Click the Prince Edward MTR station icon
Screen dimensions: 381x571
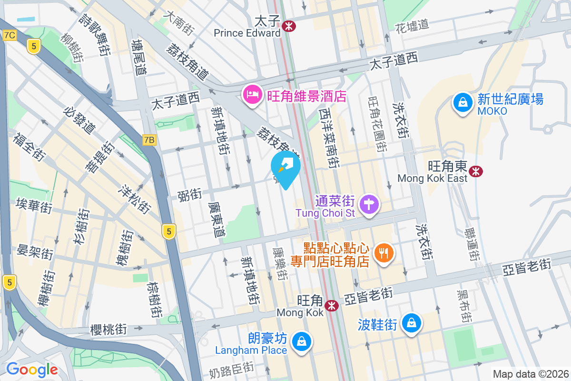click(288, 26)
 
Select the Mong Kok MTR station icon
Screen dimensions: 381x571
click(332, 305)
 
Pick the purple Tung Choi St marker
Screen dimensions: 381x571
click(369, 205)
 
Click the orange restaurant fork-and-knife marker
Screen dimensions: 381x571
click(384, 253)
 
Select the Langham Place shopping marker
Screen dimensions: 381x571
click(301, 341)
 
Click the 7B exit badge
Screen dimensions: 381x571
click(149, 140)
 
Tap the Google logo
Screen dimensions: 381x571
click(32, 369)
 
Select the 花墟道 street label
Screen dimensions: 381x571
click(412, 26)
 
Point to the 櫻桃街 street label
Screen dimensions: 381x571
click(108, 329)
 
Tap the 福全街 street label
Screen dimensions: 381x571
click(29, 147)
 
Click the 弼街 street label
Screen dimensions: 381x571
click(189, 194)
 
